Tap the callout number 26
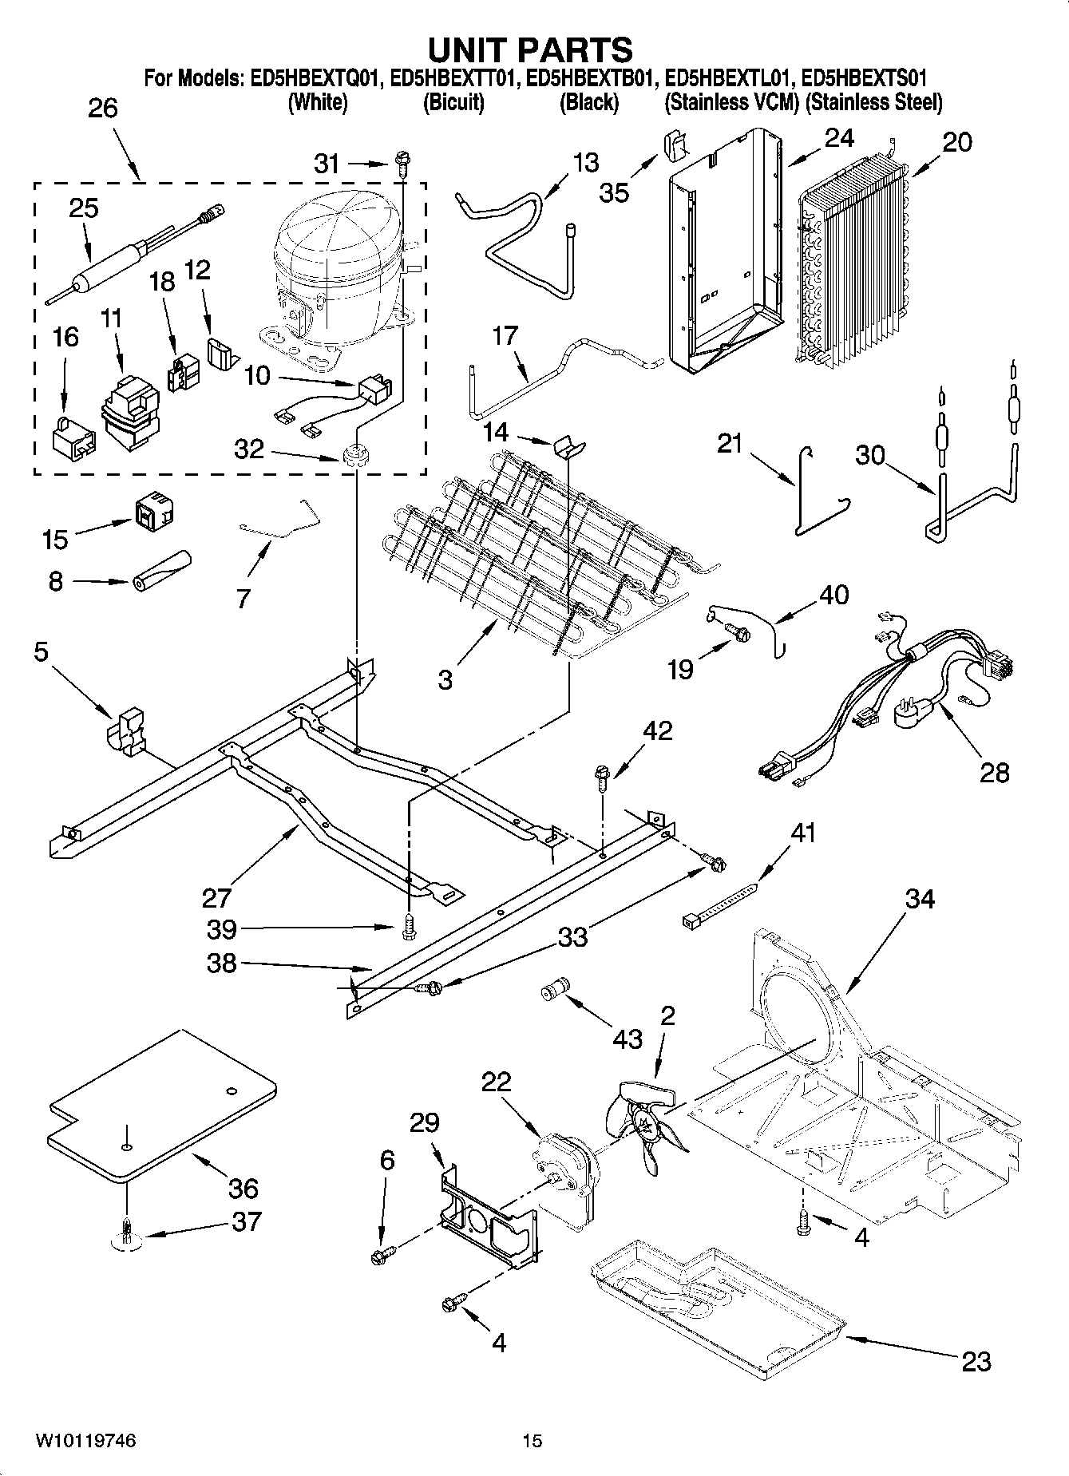102,108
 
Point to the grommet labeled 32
352,457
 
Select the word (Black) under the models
589,102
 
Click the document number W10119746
85,1439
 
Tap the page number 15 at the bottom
532,1439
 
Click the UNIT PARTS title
530,49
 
